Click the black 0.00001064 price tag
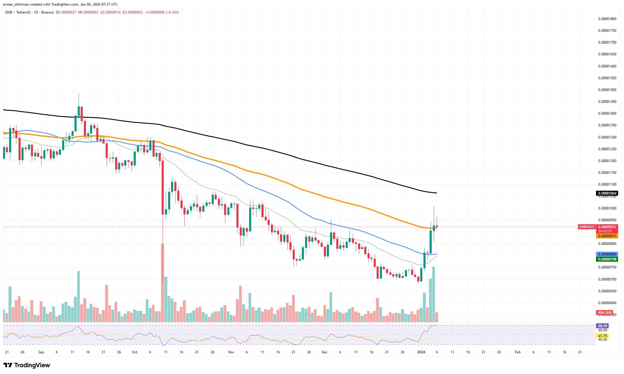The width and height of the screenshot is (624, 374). pyautogui.click(x=607, y=193)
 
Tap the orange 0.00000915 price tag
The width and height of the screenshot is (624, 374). pyautogui.click(x=607, y=236)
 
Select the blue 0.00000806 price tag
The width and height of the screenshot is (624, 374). pyautogui.click(x=607, y=254)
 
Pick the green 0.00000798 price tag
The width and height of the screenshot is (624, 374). pyautogui.click(x=607, y=259)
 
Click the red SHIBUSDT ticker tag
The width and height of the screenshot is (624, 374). pyautogui.click(x=587, y=227)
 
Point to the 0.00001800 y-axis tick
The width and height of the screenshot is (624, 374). pyautogui.click(x=607, y=19)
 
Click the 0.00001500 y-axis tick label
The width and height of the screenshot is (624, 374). pyautogui.click(x=607, y=90)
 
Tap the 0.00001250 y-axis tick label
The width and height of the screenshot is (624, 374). pyautogui.click(x=607, y=149)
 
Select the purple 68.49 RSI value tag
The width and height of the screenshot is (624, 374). pyautogui.click(x=602, y=326)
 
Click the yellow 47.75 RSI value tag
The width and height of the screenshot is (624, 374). pyautogui.click(x=602, y=336)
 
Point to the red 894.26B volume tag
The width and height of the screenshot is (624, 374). pyautogui.click(x=605, y=313)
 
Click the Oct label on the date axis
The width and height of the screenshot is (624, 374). pyautogui.click(x=135, y=352)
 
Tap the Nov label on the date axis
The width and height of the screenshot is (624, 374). pyautogui.click(x=231, y=352)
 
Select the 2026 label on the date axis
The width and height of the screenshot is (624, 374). pyautogui.click(x=421, y=352)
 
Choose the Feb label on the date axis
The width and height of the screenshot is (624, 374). pyautogui.click(x=518, y=352)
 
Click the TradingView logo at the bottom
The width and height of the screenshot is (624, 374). pyautogui.click(x=27, y=365)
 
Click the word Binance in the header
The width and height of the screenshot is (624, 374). pyautogui.click(x=47, y=12)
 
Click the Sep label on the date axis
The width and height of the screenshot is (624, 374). pyautogui.click(x=41, y=352)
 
